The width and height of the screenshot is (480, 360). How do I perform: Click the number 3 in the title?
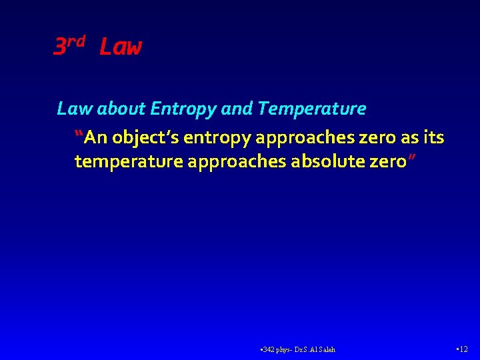(x=59, y=47)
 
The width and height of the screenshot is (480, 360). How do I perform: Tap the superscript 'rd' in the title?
(x=77, y=41)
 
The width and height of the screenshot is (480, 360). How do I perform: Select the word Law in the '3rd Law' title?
(x=120, y=47)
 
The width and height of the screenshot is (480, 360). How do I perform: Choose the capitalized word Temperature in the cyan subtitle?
(x=311, y=109)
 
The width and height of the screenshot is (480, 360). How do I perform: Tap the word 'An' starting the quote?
(x=96, y=138)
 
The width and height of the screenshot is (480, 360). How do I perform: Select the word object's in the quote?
(x=147, y=139)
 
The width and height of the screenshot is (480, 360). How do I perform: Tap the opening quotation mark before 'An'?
(x=80, y=135)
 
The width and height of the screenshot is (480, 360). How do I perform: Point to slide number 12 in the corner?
(x=465, y=349)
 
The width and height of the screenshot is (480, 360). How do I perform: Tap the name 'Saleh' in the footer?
(x=327, y=349)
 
